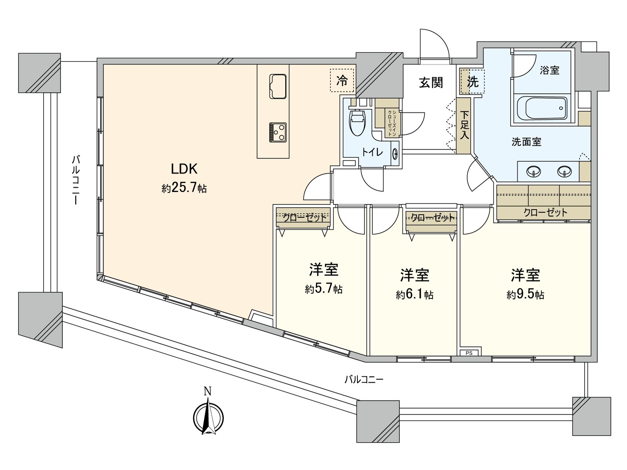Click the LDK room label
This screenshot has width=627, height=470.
pyautogui.click(x=184, y=169)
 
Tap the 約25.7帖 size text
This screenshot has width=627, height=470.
pyautogui.click(x=184, y=188)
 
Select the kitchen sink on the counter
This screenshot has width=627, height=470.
pyautogui.click(x=278, y=86)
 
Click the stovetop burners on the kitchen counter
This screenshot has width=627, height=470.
pyautogui.click(x=278, y=132)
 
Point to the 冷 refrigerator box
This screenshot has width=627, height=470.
pyautogui.click(x=342, y=81)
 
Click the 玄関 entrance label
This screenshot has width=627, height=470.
pyautogui.click(x=431, y=83)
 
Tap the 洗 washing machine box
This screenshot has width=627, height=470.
pyautogui.click(x=472, y=81)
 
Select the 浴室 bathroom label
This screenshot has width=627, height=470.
pyautogui.click(x=549, y=70)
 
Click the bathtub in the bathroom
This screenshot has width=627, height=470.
pyautogui.click(x=542, y=108)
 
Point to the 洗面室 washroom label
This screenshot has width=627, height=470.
pyautogui.click(x=526, y=142)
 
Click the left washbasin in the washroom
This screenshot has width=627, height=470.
pyautogui.click(x=534, y=171)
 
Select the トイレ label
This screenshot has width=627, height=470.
pyautogui.click(x=372, y=152)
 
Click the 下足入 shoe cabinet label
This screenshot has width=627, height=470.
pyautogui.click(x=464, y=125)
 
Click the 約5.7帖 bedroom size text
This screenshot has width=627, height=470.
pyautogui.click(x=324, y=289)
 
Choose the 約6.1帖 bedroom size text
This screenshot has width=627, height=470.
pyautogui.click(x=415, y=295)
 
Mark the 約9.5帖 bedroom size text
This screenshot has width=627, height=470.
pyautogui.click(x=525, y=295)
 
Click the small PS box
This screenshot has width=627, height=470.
pyautogui.click(x=469, y=352)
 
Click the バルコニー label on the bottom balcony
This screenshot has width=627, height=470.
pyautogui.click(x=364, y=379)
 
